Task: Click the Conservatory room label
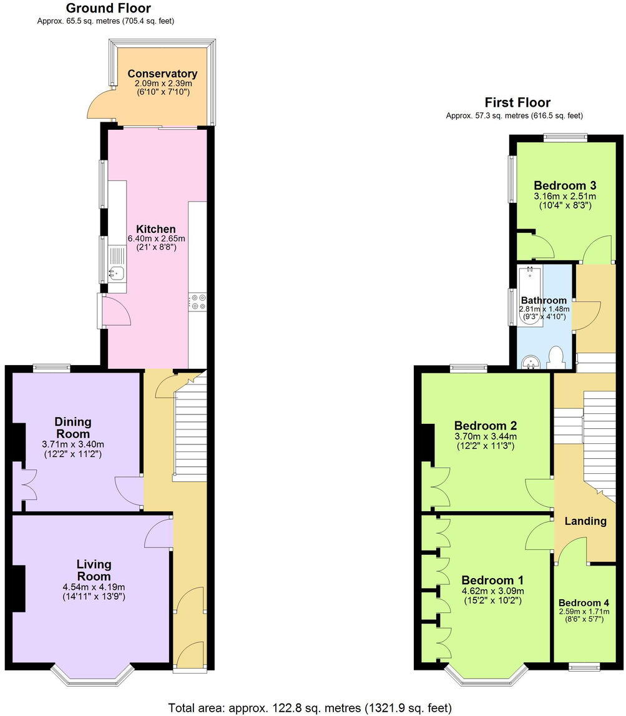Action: pyautogui.click(x=162, y=74)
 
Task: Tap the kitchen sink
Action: pyautogui.click(x=116, y=272)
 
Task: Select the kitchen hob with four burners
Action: pyautogui.click(x=198, y=302)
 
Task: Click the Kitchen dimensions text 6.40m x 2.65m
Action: pyautogui.click(x=157, y=238)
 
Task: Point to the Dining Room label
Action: pyautogui.click(x=72, y=428)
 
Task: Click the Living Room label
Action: pyautogui.click(x=94, y=571)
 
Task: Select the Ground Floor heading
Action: pyautogui.click(x=107, y=8)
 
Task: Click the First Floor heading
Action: pyautogui.click(x=517, y=102)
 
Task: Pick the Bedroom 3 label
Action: pyautogui.click(x=565, y=185)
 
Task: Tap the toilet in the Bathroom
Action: pyautogui.click(x=555, y=357)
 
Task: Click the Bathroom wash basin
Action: pyautogui.click(x=531, y=361)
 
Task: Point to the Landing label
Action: pyautogui.click(x=585, y=521)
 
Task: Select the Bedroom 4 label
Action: pyautogui.click(x=584, y=604)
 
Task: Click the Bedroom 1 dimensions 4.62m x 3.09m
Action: pyautogui.click(x=492, y=591)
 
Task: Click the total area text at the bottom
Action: pyautogui.click(x=310, y=707)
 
